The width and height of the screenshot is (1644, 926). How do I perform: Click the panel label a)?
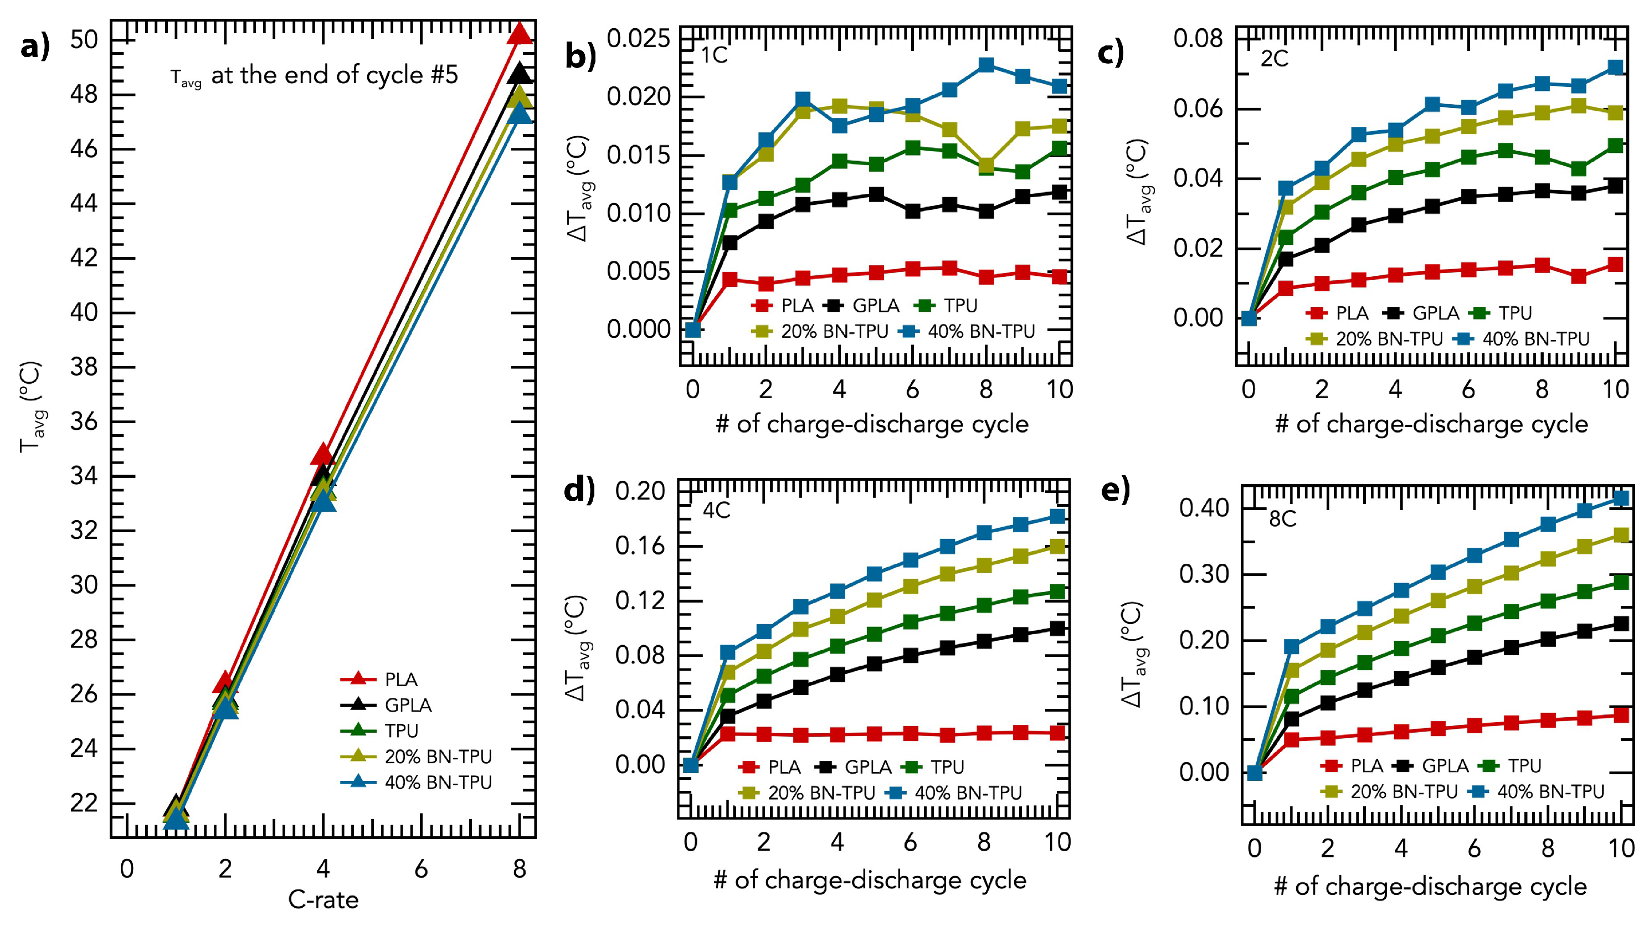[35, 47]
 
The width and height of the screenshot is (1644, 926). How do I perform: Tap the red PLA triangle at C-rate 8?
[520, 33]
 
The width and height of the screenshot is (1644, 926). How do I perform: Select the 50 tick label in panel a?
[84, 39]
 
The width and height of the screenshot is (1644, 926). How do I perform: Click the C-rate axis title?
[323, 900]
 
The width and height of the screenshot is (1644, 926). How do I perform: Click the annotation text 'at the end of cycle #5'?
[335, 75]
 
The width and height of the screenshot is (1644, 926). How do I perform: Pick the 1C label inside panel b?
[714, 55]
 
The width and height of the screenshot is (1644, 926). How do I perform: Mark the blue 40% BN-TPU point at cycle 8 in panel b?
[986, 64]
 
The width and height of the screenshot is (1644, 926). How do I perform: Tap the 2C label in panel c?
[1275, 59]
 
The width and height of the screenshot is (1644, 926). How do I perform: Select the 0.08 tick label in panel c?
[1198, 38]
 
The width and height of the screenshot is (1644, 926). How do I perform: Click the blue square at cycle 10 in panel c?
[1615, 67]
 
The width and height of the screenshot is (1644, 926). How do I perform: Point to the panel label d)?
[579, 490]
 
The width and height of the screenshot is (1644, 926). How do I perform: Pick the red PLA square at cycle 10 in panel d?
[1057, 733]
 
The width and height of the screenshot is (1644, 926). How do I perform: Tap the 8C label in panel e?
[1283, 519]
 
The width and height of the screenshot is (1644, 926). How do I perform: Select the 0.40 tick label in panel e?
[1204, 508]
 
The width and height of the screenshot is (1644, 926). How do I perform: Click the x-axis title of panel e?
[1430, 887]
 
